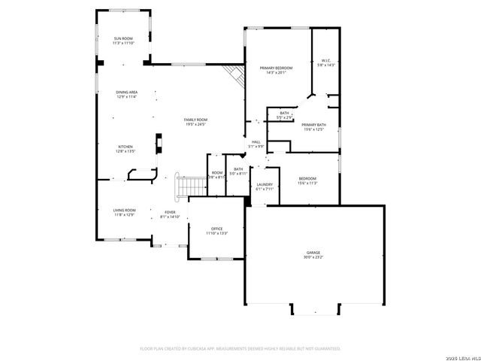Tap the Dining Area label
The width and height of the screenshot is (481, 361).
(x=126, y=92)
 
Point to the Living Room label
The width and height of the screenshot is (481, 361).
(x=124, y=210)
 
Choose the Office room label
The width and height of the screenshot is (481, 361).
(x=216, y=229)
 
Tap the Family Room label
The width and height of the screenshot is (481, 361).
(x=196, y=120)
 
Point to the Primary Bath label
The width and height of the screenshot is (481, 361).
(x=313, y=124)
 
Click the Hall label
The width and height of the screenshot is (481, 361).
(x=256, y=141)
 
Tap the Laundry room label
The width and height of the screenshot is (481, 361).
(x=264, y=184)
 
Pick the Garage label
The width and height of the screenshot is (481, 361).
(x=313, y=252)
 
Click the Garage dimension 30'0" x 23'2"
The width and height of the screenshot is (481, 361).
(x=313, y=257)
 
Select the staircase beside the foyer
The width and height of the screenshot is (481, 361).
(x=191, y=186)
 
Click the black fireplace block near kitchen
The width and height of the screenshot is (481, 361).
(x=159, y=143)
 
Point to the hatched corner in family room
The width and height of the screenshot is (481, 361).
(x=234, y=74)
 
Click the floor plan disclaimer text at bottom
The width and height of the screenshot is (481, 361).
(x=240, y=348)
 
